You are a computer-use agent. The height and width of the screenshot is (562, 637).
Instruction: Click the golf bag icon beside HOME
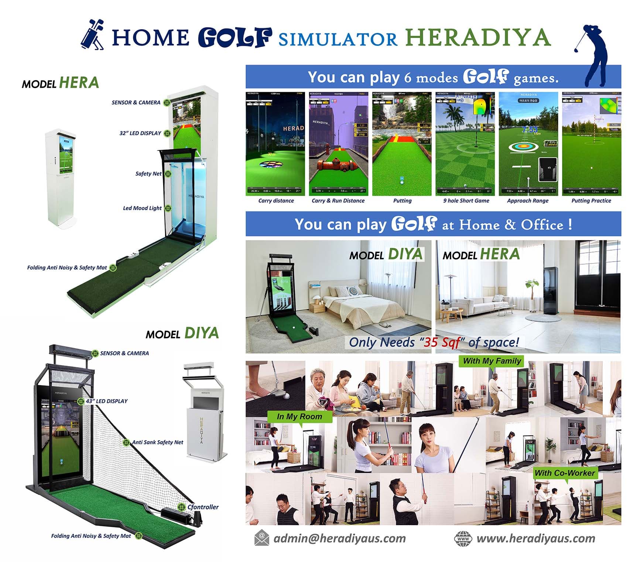point(92,35)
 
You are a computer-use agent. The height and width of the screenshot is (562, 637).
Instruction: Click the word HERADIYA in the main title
point(478,38)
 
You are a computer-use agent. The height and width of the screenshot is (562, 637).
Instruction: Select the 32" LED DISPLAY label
point(140,133)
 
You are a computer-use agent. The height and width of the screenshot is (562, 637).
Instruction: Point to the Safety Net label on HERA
point(148,174)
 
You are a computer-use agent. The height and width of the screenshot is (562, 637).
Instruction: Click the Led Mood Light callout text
point(142,208)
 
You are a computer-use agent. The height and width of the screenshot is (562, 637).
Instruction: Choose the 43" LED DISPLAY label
point(107,401)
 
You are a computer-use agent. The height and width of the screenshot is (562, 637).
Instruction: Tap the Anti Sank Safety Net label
point(158,442)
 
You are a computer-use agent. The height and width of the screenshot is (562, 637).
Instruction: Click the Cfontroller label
point(203,507)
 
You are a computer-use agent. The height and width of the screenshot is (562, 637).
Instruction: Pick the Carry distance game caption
point(276,201)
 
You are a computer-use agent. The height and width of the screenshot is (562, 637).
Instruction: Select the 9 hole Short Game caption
point(466,201)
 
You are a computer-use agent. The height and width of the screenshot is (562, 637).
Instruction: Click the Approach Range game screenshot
point(528,144)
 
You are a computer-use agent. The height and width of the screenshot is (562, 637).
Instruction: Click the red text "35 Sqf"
point(442,342)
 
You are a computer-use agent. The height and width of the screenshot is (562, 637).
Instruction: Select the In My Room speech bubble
point(299,417)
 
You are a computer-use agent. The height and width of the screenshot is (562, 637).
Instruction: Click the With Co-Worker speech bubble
point(565,473)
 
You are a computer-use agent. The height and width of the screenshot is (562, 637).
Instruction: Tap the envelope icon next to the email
point(261,538)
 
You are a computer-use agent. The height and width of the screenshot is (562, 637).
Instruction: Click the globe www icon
point(463,538)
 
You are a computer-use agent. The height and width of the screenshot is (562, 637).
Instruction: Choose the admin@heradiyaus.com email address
point(339,538)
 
